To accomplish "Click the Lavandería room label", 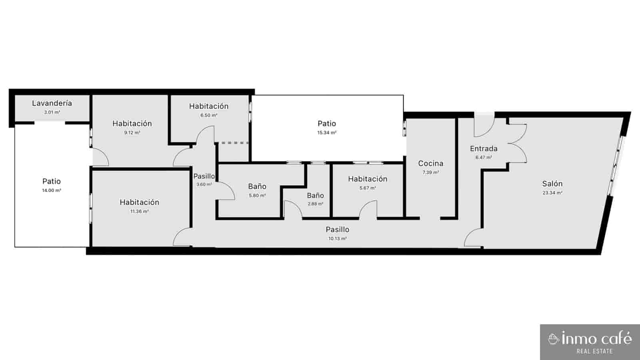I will coord(52,103).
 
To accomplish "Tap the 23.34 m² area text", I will coord(552,193).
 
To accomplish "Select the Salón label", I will coord(552,184).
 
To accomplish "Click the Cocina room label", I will coord(431,164).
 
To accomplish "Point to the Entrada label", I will coord(484,149).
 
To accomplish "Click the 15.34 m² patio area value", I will coord(327,133).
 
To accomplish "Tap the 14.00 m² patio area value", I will coord(52,190).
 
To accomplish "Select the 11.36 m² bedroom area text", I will coord(140,212).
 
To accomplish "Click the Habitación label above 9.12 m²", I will coord(132,124).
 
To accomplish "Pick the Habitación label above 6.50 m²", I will coord(209,106).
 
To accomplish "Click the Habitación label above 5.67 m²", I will coord(368,179).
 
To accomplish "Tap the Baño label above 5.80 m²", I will coord(257,186).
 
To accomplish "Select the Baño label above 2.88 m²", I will coord(316,196).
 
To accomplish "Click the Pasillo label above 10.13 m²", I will coord(338,230).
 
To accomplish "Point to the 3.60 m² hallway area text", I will coord(204,184).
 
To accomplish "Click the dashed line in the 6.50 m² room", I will coord(232,142).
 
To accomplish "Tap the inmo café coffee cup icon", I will coord(554,339).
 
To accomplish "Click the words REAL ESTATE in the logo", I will coord(594,351).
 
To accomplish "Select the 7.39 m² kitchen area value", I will coord(431,173).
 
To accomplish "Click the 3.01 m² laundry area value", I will coord(52,112).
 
